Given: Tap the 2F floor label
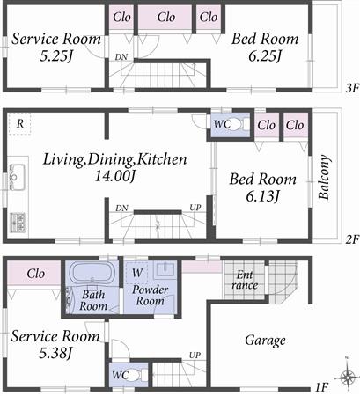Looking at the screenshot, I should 350,238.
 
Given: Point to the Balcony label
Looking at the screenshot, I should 325,178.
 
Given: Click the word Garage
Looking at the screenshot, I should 264,340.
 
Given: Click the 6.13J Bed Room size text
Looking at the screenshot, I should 254,196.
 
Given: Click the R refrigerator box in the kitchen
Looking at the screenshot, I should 20,124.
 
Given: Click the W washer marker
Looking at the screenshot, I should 136,272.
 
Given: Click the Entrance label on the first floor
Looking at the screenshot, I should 244,281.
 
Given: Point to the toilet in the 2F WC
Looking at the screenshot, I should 242,124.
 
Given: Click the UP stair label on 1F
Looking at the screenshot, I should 194,356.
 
